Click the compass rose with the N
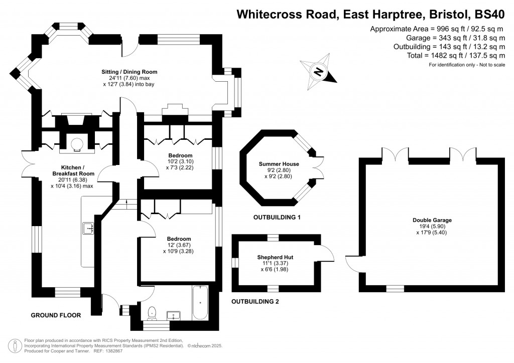pos(318,72)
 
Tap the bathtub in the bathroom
pos(199,303)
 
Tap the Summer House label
pos(279,164)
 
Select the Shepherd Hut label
pos(275,257)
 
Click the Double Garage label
pos(432,220)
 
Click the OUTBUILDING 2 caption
pos(254,302)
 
